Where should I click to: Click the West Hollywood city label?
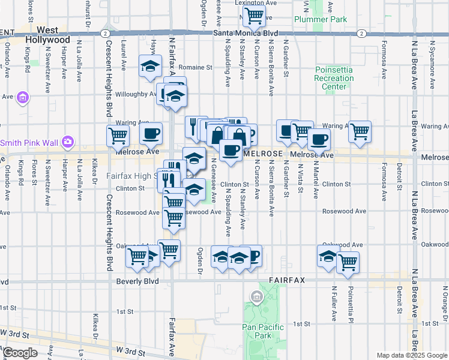click(47, 35)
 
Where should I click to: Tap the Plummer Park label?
click(321, 19)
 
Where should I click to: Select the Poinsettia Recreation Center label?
click(334, 79)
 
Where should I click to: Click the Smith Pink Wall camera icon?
click(69, 142)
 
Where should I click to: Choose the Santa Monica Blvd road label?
click(247, 33)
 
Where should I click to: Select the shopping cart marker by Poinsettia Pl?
click(348, 262)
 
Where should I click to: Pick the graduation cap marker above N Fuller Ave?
click(328, 256)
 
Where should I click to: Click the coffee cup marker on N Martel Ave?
click(319, 140)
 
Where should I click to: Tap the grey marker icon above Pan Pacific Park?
click(257, 296)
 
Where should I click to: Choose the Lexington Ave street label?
click(260, 3)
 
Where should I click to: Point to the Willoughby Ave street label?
click(136, 94)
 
